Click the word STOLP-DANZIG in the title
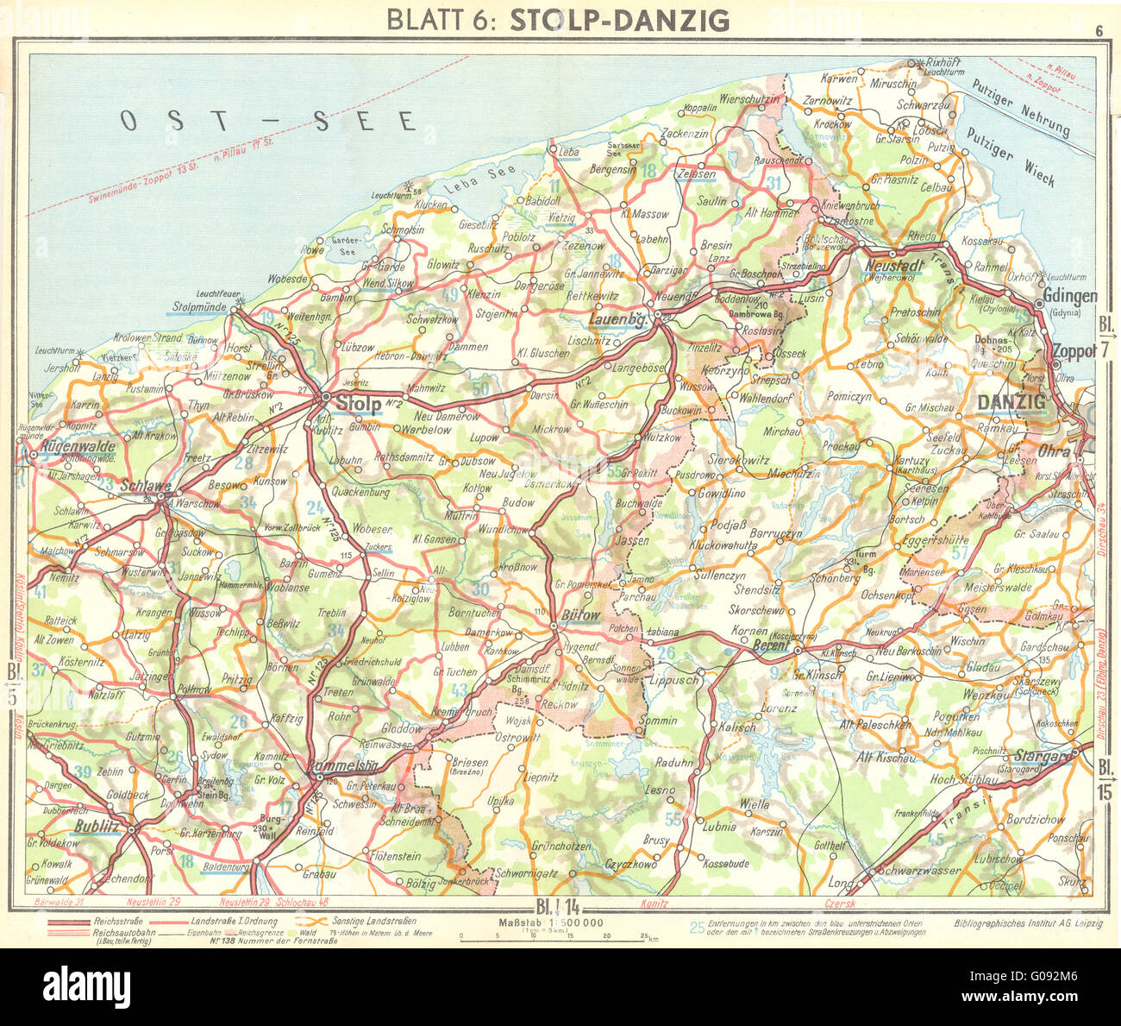(619, 20)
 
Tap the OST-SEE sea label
(267, 121)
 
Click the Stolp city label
(358, 403)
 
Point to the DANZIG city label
(1011, 401)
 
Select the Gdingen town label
(1069, 296)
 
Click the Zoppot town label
(1074, 351)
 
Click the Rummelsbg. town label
(347, 765)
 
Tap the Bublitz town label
(96, 826)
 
